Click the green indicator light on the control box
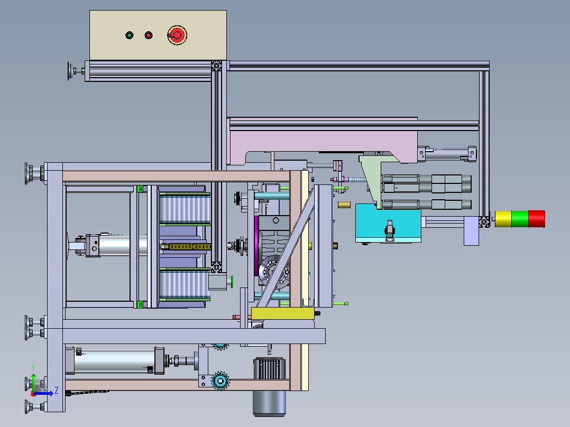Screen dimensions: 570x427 [x=130, y=35]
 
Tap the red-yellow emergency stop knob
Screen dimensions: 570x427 [x=177, y=35]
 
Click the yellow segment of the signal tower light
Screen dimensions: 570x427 [x=503, y=219]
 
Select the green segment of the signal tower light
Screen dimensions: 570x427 [x=520, y=219]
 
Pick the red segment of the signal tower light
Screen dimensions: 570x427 [x=537, y=219]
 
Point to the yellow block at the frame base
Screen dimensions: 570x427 [x=283, y=313]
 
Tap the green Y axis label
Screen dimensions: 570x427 [x=33, y=367]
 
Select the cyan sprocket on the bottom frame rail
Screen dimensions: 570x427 [x=220, y=380]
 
